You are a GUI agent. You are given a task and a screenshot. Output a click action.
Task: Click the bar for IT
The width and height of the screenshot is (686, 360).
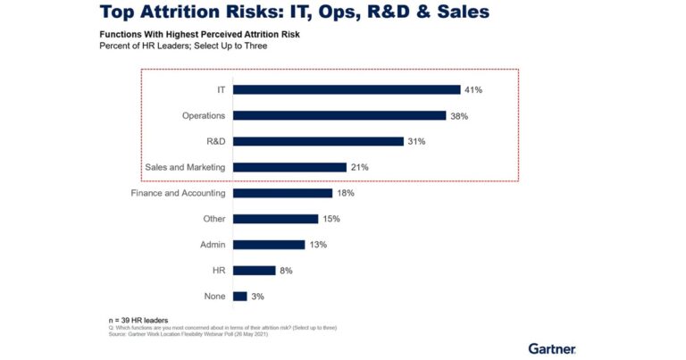347,89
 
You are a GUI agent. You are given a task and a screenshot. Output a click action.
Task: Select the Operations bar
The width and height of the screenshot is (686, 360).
339,115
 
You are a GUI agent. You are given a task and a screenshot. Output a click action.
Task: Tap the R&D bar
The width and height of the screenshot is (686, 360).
318,141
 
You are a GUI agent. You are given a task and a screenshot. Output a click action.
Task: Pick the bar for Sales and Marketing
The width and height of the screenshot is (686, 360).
289,167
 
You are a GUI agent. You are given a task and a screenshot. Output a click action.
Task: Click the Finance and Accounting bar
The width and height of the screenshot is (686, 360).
282,193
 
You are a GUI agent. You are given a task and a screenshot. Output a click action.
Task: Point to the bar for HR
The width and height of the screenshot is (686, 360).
254,270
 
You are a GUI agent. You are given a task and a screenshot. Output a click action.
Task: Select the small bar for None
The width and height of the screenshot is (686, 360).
239,296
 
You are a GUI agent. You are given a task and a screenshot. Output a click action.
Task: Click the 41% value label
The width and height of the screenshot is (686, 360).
473,89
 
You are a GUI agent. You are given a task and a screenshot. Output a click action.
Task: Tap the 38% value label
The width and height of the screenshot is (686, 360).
459,115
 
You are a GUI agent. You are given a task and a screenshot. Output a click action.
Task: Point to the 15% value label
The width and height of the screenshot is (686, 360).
331,219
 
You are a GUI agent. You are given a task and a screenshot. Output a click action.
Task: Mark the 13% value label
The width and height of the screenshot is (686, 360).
317,245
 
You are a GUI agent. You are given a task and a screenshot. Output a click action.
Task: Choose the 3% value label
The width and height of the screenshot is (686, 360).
258,296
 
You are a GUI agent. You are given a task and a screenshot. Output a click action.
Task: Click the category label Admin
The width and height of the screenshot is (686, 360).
212,245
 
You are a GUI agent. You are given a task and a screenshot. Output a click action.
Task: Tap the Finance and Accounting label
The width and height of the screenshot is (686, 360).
178,193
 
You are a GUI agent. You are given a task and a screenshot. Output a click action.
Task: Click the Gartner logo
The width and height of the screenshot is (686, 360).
551,348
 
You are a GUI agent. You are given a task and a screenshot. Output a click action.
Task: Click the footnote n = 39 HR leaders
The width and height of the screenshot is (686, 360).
139,320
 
